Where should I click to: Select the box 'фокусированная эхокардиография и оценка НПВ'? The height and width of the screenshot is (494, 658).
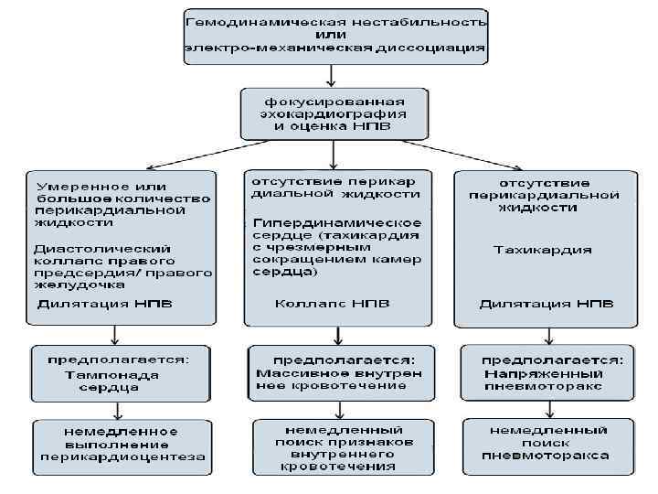point(334,113)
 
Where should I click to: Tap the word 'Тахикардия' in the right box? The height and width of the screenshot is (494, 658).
point(543,249)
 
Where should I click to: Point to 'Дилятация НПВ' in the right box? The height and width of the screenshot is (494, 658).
point(547,303)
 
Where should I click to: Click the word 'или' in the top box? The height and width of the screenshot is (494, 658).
point(336,34)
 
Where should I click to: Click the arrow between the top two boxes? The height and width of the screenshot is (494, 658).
point(334,76)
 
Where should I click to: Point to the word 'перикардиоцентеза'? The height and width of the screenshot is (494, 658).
point(120,456)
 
